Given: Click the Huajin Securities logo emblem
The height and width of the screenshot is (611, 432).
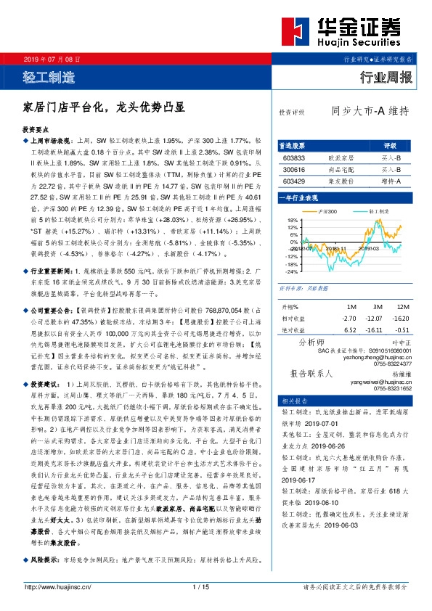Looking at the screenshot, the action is (297, 32).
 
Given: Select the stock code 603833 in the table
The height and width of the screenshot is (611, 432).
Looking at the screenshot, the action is (293, 157).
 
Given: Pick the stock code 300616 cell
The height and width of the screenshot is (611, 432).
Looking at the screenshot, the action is (293, 168).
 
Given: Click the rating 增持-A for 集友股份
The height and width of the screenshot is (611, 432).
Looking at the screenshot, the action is (389, 180).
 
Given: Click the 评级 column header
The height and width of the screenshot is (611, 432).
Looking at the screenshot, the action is (389, 145).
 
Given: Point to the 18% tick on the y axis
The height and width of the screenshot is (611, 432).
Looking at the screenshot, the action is (293, 219).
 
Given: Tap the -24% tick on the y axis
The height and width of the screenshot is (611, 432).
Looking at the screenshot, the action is (291, 271).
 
